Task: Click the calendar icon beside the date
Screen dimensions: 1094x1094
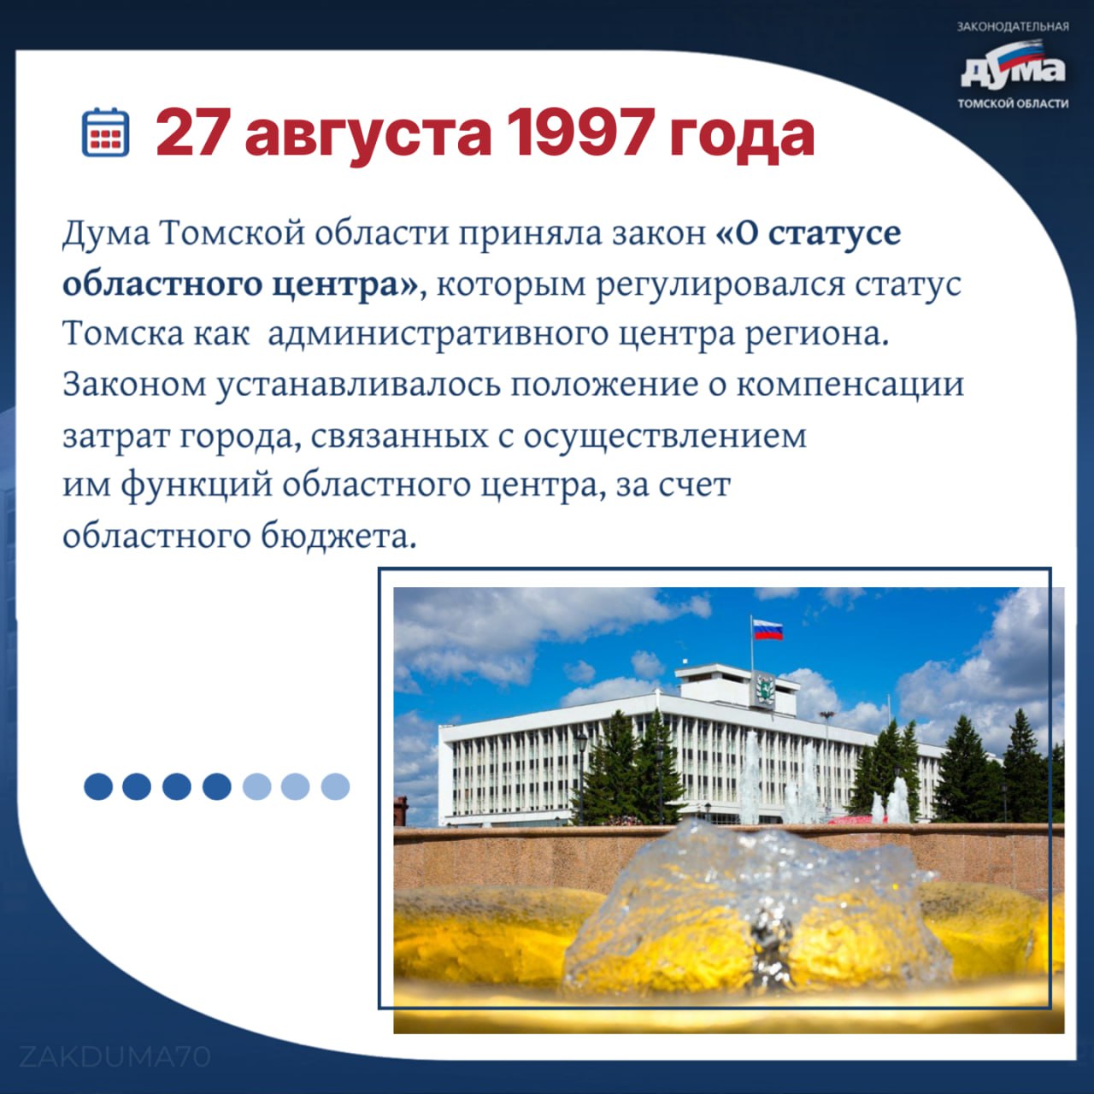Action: (106, 132)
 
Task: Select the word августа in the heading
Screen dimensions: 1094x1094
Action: (368, 138)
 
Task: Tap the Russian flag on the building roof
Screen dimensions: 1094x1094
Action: (768, 630)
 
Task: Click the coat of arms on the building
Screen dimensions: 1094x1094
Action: (765, 690)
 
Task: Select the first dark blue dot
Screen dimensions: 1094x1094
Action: (98, 786)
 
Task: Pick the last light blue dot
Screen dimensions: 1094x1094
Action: (335, 786)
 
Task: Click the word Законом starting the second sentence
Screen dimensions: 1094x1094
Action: (134, 385)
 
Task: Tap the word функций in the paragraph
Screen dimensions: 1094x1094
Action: (197, 486)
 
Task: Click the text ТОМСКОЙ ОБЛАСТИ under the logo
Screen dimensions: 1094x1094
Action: (1013, 104)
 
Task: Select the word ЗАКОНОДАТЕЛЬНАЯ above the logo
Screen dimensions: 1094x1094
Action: (1013, 26)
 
